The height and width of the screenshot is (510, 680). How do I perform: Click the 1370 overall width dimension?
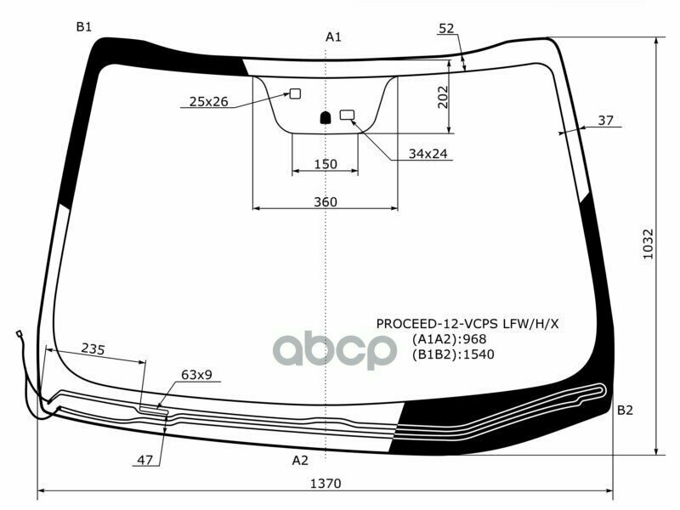pos(326,483)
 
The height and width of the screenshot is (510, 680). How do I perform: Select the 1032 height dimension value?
pos(648,244)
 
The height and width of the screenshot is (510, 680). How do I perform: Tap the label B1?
pos(83,27)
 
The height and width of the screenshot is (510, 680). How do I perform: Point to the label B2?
pos(625,410)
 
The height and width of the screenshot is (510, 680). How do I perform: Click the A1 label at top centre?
pos(333,37)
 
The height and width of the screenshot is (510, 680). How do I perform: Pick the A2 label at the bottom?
pos(300,460)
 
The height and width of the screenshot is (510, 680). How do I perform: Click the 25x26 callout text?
pos(208,101)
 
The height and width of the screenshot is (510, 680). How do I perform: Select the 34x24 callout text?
pos(428,154)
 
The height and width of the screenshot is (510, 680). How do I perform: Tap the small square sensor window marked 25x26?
pos(295,93)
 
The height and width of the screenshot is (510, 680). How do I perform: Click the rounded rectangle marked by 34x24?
pos(347,115)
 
